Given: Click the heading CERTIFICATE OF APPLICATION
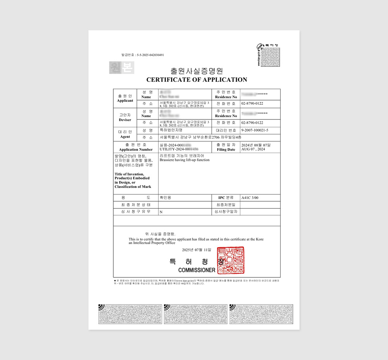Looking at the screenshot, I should [x=197, y=80].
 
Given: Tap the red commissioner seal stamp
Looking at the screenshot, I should [x=230, y=260].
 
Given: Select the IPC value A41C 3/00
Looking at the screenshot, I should [x=250, y=198].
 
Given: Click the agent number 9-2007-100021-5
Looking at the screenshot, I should [x=255, y=130].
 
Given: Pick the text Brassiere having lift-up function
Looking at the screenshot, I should [x=185, y=160].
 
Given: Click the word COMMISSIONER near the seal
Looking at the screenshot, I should [x=197, y=270].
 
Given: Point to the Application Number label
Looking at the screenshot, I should [x=136, y=149].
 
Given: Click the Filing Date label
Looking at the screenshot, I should [x=226, y=149].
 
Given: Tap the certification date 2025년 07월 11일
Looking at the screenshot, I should [x=197, y=250].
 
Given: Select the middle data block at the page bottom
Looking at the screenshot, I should [x=196, y=314].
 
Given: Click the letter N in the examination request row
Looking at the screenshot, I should [x=161, y=212].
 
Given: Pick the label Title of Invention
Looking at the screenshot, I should [x=130, y=174].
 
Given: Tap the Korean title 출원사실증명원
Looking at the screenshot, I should [x=197, y=71].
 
